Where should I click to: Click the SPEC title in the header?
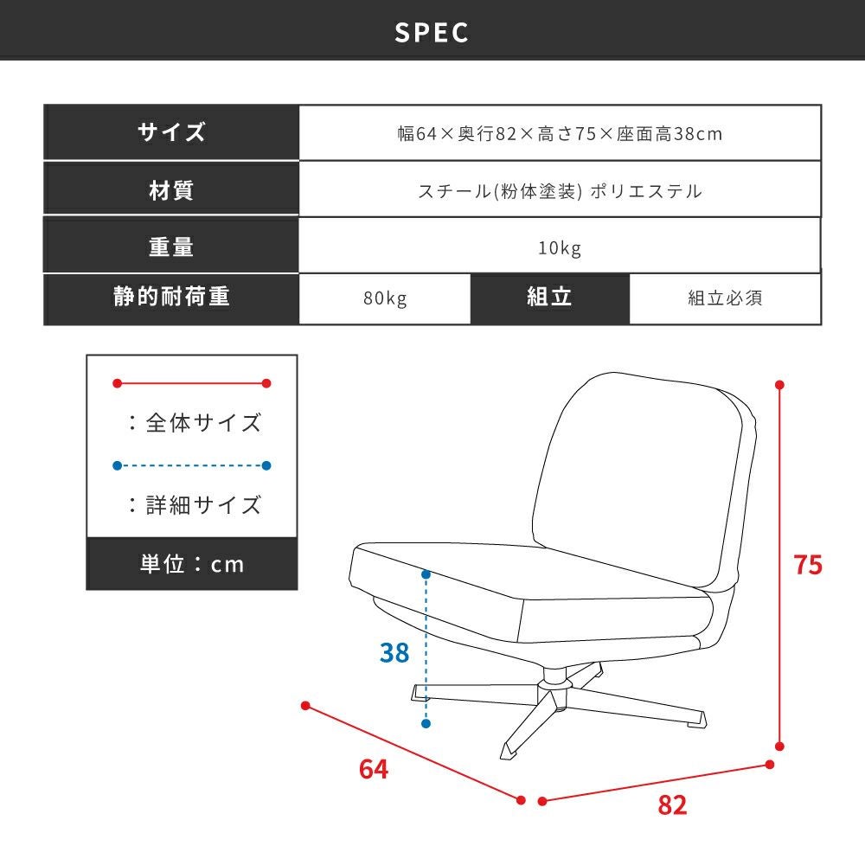tap(432, 32)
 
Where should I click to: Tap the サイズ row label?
tap(171, 132)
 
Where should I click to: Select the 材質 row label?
tap(171, 190)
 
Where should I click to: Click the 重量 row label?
tap(171, 247)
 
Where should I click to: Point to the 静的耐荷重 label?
tap(171, 296)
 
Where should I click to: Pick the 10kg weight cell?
tap(560, 247)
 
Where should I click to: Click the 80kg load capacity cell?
tap(385, 298)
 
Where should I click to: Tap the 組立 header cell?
tap(549, 298)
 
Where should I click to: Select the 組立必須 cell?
tap(725, 298)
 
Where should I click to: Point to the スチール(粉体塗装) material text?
tap(500, 191)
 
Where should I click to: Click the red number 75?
tap(808, 565)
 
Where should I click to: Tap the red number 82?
tap(672, 804)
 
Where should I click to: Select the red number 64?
tap(374, 769)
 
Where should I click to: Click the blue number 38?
tap(394, 652)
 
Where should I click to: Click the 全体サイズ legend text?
tap(203, 423)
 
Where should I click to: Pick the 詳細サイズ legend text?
tap(203, 505)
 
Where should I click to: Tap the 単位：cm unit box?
tap(192, 564)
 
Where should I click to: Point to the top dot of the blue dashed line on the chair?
tap(426, 574)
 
